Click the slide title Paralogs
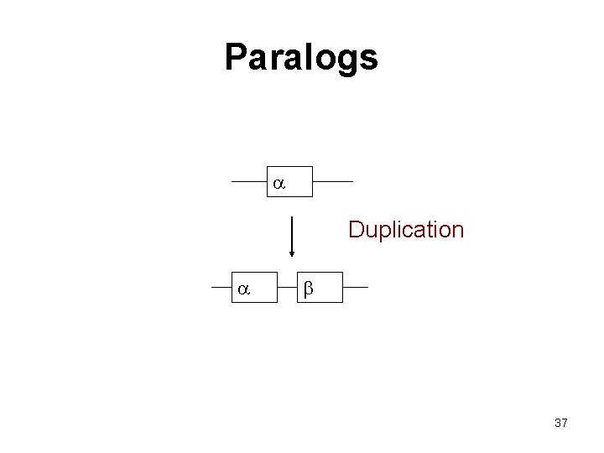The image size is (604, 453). tap(301, 58)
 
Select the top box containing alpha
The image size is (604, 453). tap(290, 181)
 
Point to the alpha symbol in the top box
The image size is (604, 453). tap(279, 182)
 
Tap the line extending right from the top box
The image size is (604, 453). tap(332, 181)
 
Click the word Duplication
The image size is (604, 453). tap(406, 230)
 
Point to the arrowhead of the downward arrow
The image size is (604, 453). tap(291, 252)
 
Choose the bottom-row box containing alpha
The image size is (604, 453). tap(255, 287)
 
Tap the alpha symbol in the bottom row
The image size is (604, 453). tap(243, 289)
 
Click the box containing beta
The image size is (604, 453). tap(320, 287)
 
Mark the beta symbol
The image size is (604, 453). tap(308, 289)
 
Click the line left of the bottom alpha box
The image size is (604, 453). tap(222, 287)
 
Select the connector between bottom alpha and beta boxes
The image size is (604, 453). tap(287, 287)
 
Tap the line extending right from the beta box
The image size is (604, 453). tap(355, 287)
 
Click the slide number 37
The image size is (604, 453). tap(561, 423)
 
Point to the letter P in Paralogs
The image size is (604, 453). tap(237, 58)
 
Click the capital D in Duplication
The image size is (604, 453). tap(357, 230)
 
